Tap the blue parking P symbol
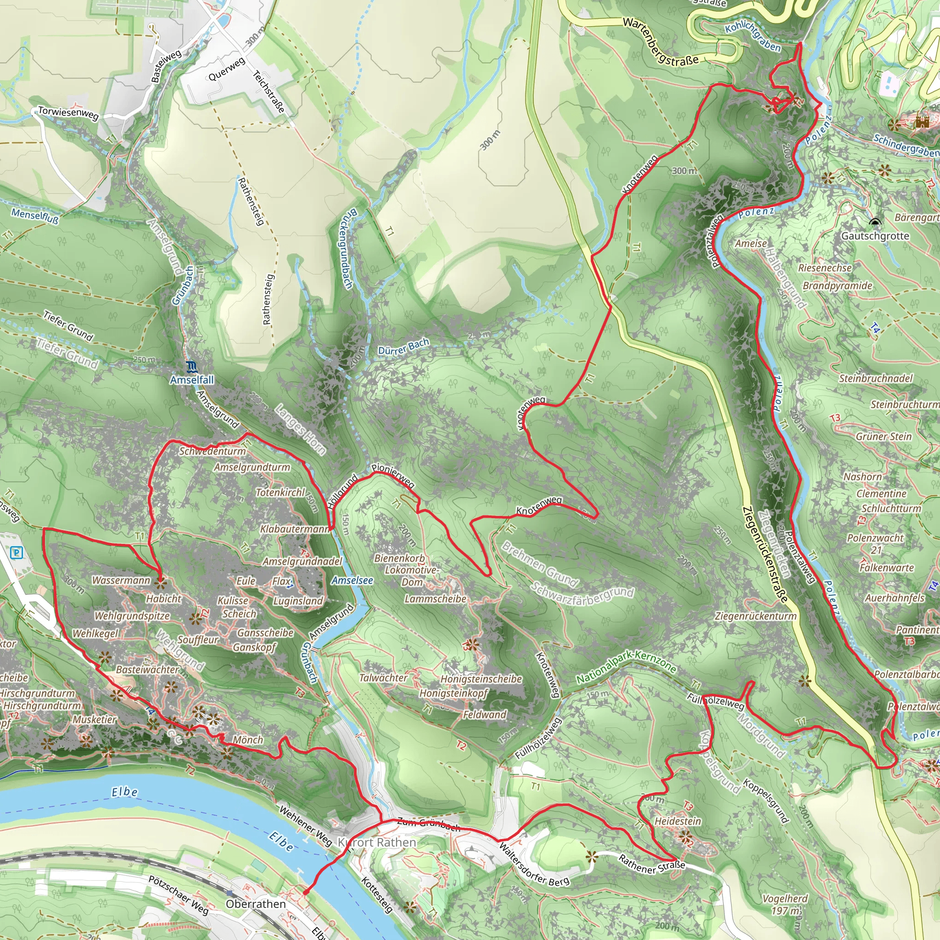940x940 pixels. point(17,552)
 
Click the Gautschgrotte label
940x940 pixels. point(875,236)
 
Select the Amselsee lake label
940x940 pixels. point(352,581)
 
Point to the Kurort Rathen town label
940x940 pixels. point(377,842)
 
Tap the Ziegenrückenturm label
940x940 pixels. point(755,616)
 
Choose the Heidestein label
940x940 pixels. point(678,821)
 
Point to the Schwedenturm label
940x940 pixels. point(213,451)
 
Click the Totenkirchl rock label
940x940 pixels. point(281,492)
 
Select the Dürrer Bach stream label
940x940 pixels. point(403,347)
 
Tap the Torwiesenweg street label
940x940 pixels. point(68,113)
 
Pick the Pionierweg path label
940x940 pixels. point(393,476)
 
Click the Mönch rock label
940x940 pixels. point(248,740)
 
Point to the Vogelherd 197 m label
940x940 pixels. point(785,904)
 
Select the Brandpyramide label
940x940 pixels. point(837,285)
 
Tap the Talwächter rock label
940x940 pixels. point(383,678)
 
